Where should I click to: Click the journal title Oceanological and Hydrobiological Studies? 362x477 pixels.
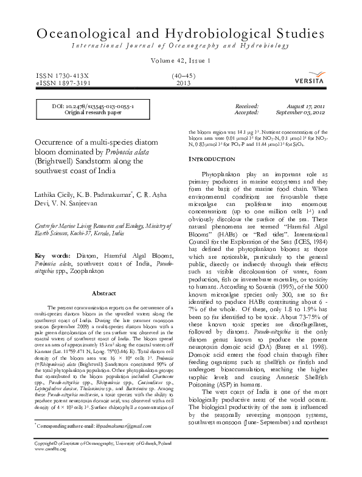point(181,34)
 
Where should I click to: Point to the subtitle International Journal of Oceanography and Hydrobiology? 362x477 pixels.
point(181,46)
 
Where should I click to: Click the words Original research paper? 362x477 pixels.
point(93,112)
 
